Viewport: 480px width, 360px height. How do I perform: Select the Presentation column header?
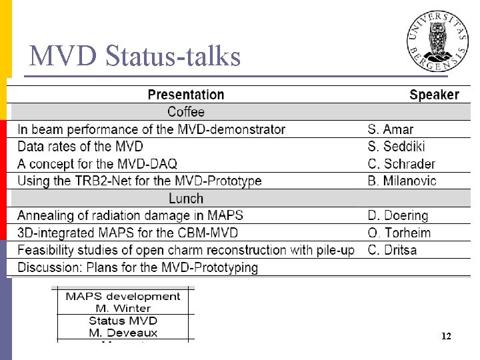(185, 95)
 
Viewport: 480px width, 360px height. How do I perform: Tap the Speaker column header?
(434, 95)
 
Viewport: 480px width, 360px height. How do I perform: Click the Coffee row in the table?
(186, 112)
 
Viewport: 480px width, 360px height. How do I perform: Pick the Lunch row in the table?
(186, 199)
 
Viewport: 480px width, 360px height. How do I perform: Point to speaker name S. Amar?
(391, 129)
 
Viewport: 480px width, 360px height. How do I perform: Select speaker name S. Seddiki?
(396, 147)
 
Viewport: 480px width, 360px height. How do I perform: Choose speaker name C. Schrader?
(401, 164)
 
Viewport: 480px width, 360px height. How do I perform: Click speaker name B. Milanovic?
(402, 181)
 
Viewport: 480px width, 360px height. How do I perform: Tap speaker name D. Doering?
(398, 216)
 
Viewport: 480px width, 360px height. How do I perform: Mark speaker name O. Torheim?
(399, 233)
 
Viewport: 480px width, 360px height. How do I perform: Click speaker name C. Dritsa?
(392, 251)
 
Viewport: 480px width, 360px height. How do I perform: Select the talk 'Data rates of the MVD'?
(80, 147)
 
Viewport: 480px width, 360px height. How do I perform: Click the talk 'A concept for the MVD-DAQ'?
(97, 164)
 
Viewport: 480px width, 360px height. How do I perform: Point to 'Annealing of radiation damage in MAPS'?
(130, 216)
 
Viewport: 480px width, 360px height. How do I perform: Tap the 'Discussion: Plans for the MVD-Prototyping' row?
(137, 268)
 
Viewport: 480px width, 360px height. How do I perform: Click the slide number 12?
(446, 337)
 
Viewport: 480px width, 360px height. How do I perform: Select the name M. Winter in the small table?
(123, 308)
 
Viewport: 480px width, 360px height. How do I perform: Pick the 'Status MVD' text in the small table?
(123, 321)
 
